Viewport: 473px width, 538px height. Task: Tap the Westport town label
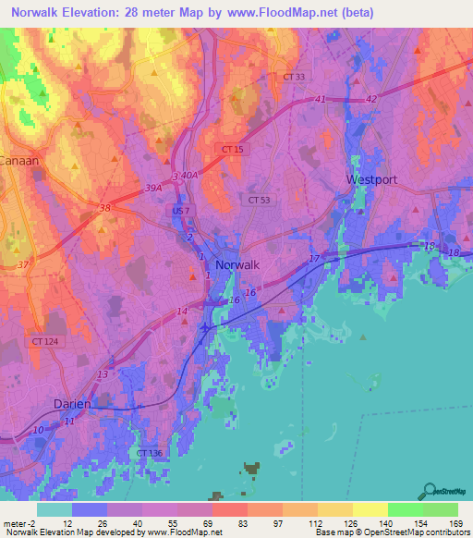point(371,179)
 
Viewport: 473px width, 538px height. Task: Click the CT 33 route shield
point(293,77)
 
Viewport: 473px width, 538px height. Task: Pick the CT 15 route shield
point(233,149)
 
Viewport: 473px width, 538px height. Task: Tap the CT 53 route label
point(259,199)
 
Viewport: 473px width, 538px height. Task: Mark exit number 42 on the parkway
point(372,99)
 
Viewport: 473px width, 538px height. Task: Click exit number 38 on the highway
point(104,209)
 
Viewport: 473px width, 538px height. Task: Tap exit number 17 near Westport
point(314,258)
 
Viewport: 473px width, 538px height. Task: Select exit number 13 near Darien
point(103,374)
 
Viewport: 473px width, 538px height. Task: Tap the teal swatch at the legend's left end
point(55,509)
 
